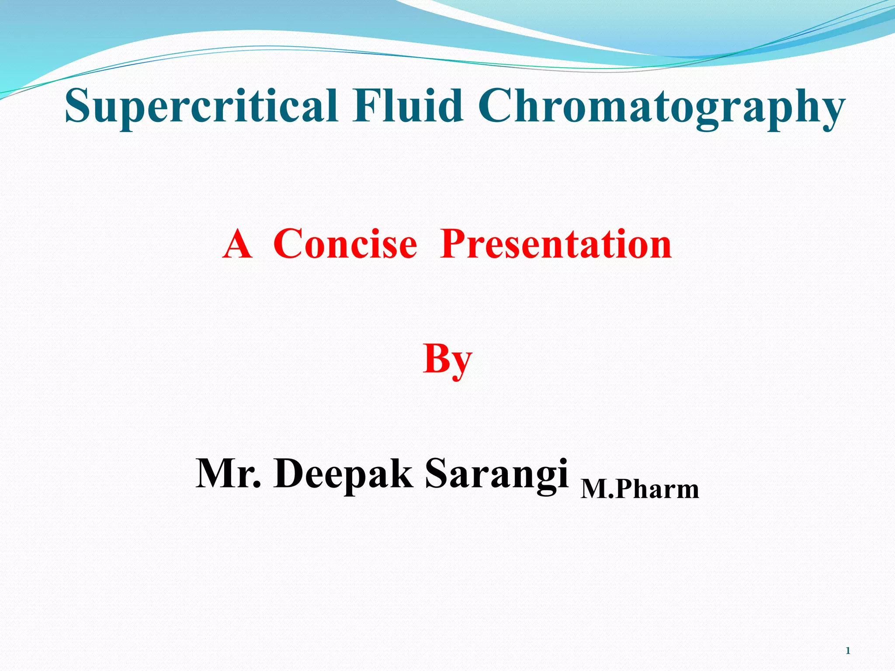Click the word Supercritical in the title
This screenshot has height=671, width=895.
pos(201,106)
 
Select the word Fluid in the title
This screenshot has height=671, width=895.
pos(408,106)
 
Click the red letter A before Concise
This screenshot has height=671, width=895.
pos(237,244)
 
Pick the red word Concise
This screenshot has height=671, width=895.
pos(345,244)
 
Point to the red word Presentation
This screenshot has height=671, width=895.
pos(556,244)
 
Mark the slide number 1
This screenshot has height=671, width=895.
pos(848,651)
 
